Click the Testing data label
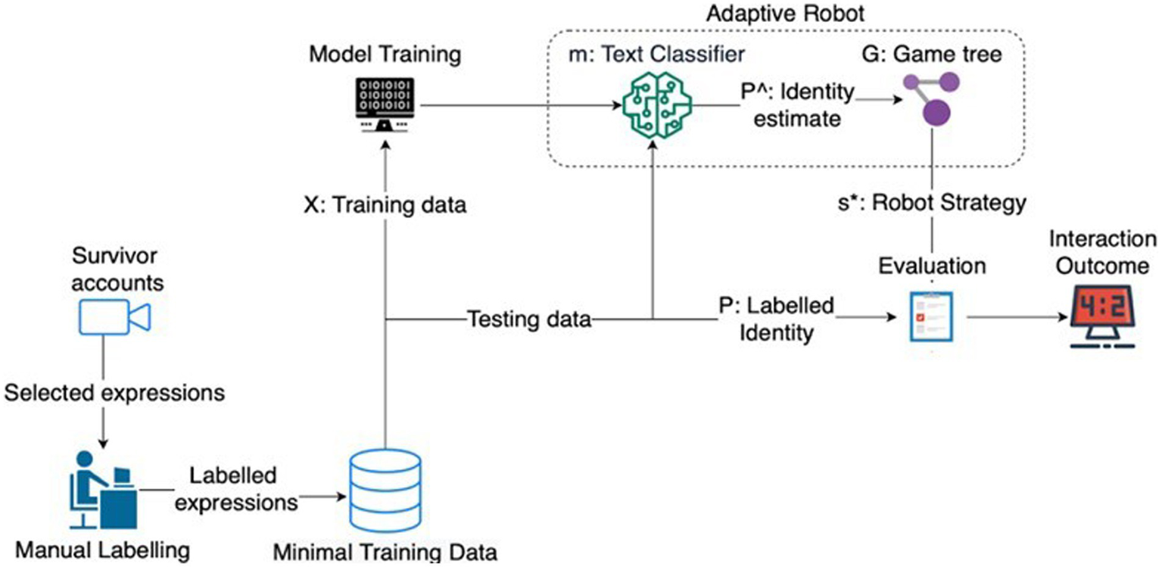click(528, 319)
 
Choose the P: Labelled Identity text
click(776, 319)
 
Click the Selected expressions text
click(114, 393)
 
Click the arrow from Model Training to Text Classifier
click(515, 107)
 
